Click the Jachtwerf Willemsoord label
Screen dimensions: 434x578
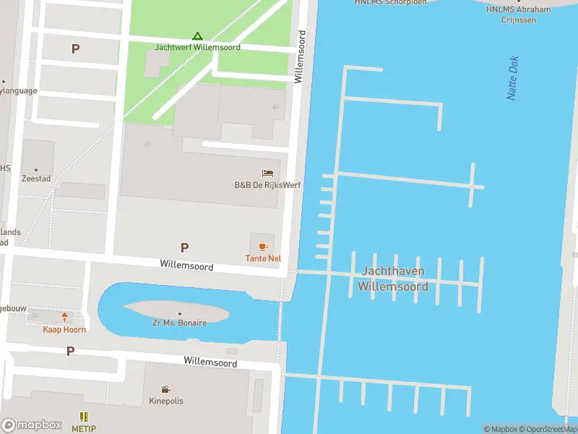coord(197,47)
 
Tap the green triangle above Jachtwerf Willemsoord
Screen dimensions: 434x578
coord(197,35)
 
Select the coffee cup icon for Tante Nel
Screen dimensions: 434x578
coord(263,247)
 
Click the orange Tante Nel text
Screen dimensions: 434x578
coord(263,258)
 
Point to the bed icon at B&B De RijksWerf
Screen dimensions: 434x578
coord(267,174)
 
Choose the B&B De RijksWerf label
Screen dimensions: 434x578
coord(267,185)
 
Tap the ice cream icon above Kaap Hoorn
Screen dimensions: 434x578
coord(64,318)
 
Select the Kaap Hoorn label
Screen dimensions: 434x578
coord(64,330)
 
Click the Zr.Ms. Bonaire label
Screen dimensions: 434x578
coord(179,323)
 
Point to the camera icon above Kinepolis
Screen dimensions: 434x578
coord(166,389)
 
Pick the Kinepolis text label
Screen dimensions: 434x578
coord(166,401)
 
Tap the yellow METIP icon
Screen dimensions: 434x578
coord(84,417)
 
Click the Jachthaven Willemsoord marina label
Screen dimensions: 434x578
coord(392,278)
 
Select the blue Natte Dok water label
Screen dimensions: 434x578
coord(513,78)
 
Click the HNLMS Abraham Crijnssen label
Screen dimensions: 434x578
coord(518,14)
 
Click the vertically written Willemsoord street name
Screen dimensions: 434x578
coord(300,56)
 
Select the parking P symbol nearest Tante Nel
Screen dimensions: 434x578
coord(184,247)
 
